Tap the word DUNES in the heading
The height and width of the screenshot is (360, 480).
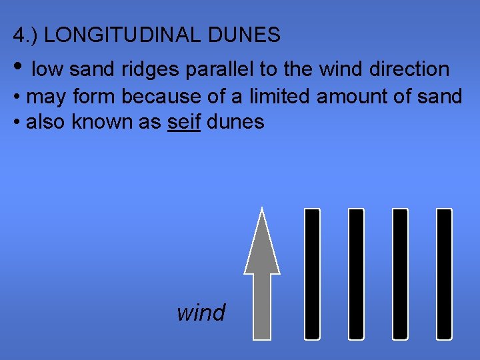click(x=249, y=35)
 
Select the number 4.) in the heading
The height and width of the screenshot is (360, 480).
click(x=25, y=35)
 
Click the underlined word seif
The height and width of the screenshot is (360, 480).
click(x=184, y=122)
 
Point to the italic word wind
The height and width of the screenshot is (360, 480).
click(x=201, y=312)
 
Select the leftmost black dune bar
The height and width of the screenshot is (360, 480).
click(x=312, y=273)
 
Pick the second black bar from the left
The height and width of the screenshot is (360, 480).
click(x=356, y=273)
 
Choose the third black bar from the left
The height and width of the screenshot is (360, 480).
click(x=400, y=273)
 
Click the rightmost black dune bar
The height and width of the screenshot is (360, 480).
click(x=444, y=273)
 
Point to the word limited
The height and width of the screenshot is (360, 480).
click(x=280, y=97)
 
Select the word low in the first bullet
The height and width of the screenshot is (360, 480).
click(x=47, y=69)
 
